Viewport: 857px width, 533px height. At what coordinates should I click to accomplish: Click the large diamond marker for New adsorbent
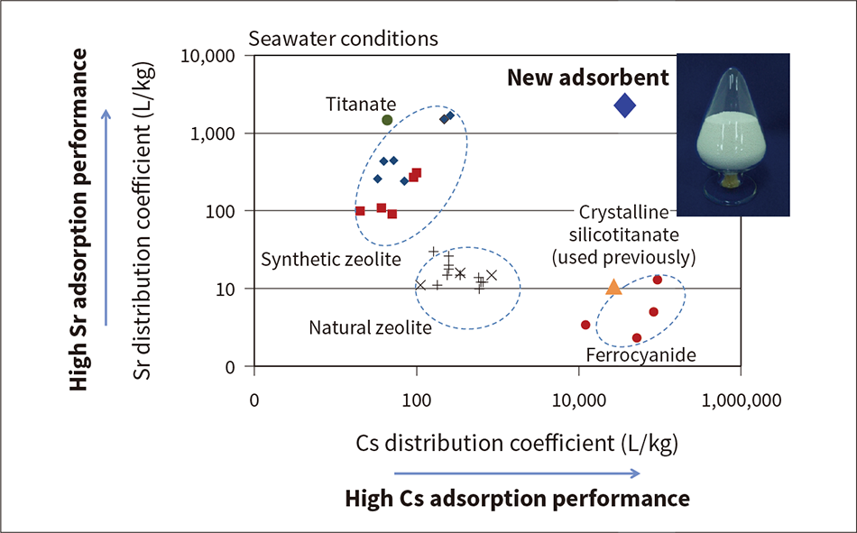pyautogui.click(x=625, y=106)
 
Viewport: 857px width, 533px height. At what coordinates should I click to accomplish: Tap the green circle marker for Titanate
pyautogui.click(x=387, y=120)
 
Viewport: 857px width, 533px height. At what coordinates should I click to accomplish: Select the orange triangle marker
pyautogui.click(x=613, y=287)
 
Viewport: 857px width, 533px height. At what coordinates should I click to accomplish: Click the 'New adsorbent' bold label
pyautogui.click(x=588, y=78)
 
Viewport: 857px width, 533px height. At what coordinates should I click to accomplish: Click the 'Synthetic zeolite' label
pyautogui.click(x=330, y=260)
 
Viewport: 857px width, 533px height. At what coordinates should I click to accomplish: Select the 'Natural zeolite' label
pyautogui.click(x=370, y=326)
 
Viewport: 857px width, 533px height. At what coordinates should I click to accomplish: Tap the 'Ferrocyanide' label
pyautogui.click(x=640, y=355)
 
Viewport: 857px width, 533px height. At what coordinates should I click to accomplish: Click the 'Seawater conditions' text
pyautogui.click(x=343, y=39)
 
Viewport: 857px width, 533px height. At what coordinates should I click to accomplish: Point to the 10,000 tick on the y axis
pyautogui.click(x=209, y=56)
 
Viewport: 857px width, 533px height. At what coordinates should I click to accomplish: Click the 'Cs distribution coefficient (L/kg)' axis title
pyautogui.click(x=517, y=444)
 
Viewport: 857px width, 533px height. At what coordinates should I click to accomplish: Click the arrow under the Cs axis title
pyautogui.click(x=517, y=472)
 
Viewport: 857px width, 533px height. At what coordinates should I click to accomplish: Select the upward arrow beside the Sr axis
pyautogui.click(x=106, y=216)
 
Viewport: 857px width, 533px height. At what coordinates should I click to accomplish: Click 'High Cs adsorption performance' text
pyautogui.click(x=517, y=499)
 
